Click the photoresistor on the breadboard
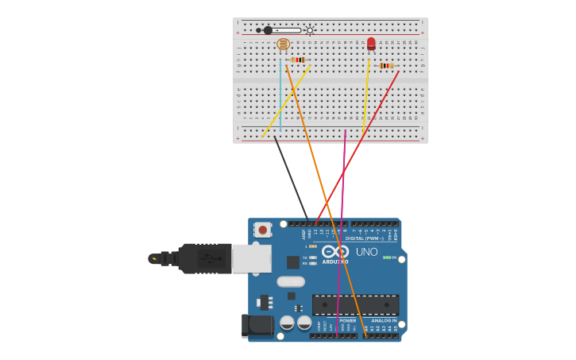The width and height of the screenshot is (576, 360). (283, 45)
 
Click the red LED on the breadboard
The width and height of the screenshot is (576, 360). (371, 44)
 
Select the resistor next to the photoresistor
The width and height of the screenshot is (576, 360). (298, 60)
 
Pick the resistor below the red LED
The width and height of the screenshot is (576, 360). (385, 65)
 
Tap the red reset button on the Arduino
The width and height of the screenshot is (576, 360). (262, 230)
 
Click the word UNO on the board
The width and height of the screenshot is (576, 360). (366, 252)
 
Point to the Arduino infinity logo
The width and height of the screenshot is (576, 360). (335, 251)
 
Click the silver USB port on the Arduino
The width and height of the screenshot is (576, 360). (251, 258)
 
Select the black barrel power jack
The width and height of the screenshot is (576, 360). (257, 325)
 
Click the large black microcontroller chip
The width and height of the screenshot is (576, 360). (355, 304)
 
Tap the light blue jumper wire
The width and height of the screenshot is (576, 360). (280, 95)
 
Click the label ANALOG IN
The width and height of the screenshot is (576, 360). (384, 320)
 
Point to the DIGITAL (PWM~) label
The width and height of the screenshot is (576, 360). (364, 238)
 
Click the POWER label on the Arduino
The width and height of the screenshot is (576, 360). (348, 320)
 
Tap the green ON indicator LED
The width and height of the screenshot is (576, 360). (386, 257)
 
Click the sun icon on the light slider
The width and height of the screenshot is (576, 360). (310, 30)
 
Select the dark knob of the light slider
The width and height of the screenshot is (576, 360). (268, 30)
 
